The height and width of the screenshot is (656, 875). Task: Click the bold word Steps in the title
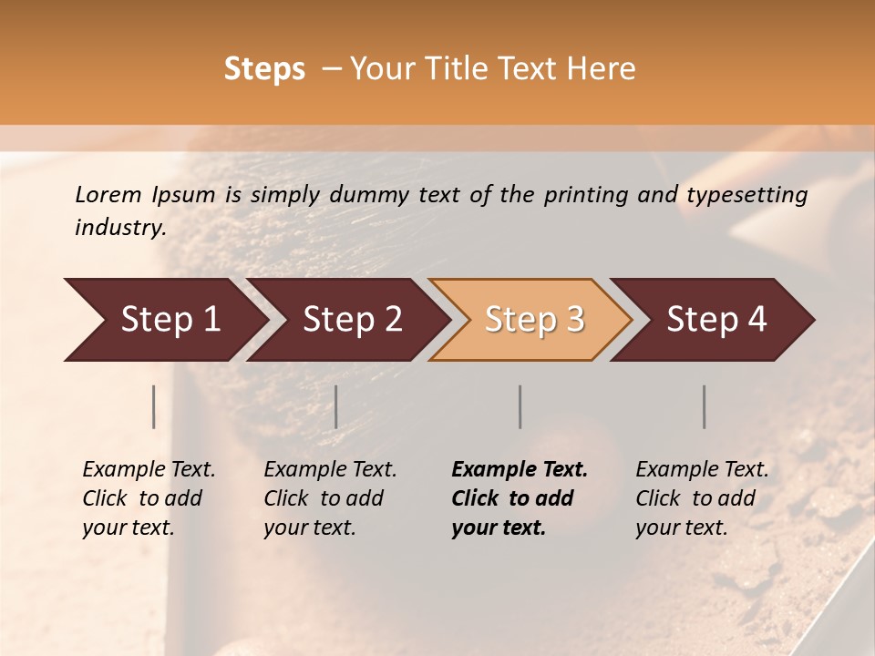tap(264, 69)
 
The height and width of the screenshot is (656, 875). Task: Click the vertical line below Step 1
tap(154, 406)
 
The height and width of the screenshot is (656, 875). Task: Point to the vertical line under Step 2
tap(336, 406)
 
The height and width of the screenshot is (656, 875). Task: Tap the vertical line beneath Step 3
tap(520, 406)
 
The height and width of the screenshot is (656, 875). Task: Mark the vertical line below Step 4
tap(705, 406)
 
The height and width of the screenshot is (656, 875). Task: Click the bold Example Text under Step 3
tap(520, 469)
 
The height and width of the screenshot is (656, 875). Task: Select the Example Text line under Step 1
tap(149, 469)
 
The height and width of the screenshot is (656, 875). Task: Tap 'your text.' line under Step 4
tap(681, 528)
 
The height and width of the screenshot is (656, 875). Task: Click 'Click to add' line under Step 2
tap(324, 498)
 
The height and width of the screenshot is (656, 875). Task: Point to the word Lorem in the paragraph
tap(108, 195)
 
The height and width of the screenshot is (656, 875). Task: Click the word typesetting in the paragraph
tap(747, 195)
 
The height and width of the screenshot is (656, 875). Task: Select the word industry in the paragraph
tap(120, 228)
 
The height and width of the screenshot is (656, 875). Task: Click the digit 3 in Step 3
tap(574, 320)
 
